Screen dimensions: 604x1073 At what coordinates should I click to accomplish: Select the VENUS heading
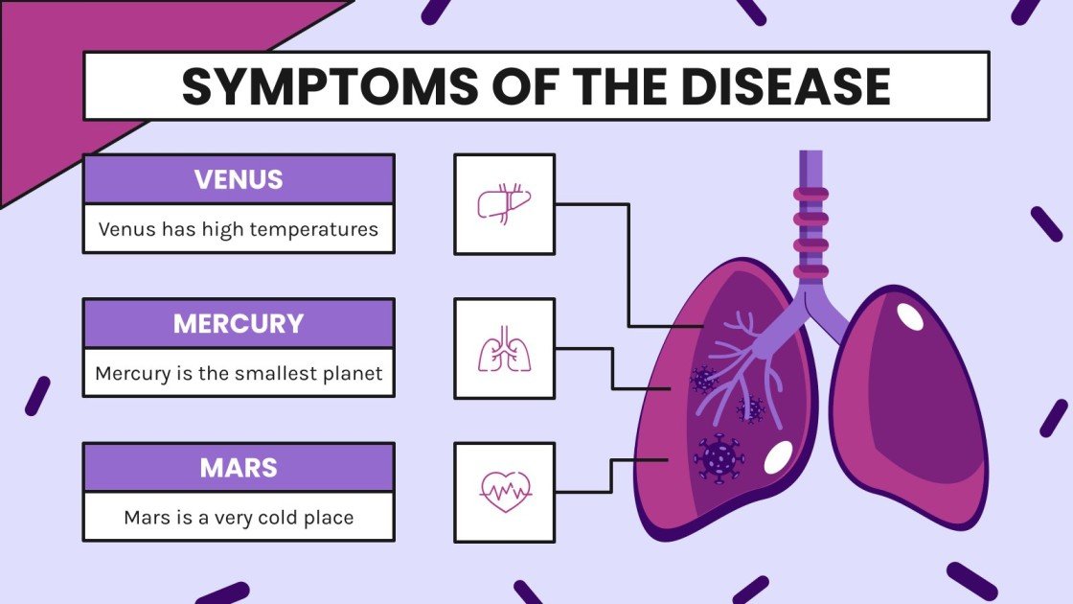pyautogui.click(x=239, y=179)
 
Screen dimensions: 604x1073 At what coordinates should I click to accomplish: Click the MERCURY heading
pyautogui.click(x=239, y=323)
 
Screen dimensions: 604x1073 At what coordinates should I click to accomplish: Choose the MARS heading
pyautogui.click(x=239, y=467)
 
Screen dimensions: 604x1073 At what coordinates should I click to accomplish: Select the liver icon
pyautogui.click(x=504, y=203)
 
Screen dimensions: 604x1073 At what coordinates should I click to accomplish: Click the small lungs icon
pyautogui.click(x=504, y=348)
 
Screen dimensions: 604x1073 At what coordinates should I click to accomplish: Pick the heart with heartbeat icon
pyautogui.click(x=504, y=492)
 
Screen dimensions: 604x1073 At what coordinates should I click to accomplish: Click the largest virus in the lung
pyautogui.click(x=719, y=457)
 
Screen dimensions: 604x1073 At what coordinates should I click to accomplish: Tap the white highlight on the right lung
pyautogui.click(x=910, y=316)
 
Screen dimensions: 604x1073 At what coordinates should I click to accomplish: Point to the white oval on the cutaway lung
pyautogui.click(x=777, y=457)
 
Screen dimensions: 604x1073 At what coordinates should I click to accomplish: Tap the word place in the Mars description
pyautogui.click(x=328, y=518)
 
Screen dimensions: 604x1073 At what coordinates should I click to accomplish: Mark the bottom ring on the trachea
pyautogui.click(x=810, y=269)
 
